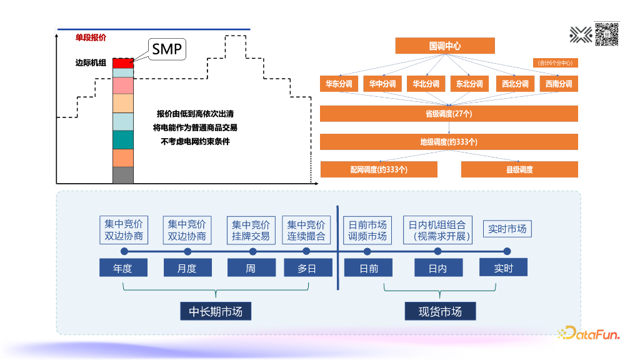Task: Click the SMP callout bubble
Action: (x=167, y=49)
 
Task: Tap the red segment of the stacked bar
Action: (x=123, y=62)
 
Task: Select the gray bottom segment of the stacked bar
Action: (x=123, y=175)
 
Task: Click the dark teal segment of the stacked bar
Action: (x=123, y=139)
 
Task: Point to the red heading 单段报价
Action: (x=91, y=37)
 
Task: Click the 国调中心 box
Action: (x=445, y=46)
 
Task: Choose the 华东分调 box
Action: (x=339, y=84)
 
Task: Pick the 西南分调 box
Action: (x=558, y=84)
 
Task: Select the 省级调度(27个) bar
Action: (x=449, y=113)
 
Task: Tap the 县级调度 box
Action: (x=519, y=169)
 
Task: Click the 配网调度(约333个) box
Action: (x=379, y=169)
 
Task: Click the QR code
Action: (x=606, y=34)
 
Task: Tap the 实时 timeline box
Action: (x=503, y=267)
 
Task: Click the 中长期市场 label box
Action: (x=216, y=311)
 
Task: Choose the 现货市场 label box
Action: (x=440, y=311)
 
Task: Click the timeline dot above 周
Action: (x=252, y=251)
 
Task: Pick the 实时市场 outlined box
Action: (x=507, y=229)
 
